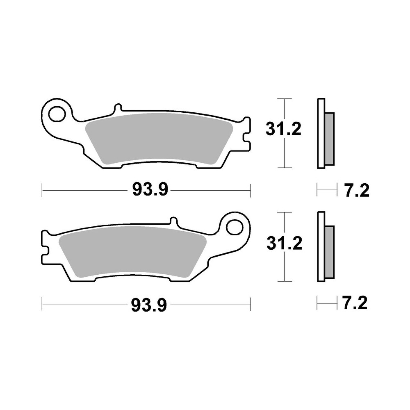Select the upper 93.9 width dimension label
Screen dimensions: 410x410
150,190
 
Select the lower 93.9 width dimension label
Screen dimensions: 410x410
149,304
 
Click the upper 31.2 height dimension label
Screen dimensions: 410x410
283,130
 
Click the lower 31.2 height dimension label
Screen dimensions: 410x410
283,244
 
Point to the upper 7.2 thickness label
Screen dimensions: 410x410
356,190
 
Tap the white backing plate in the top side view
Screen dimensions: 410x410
321,133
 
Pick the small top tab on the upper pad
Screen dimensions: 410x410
118,108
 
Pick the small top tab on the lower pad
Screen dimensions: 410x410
174,222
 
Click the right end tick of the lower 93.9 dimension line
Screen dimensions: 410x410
250,304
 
